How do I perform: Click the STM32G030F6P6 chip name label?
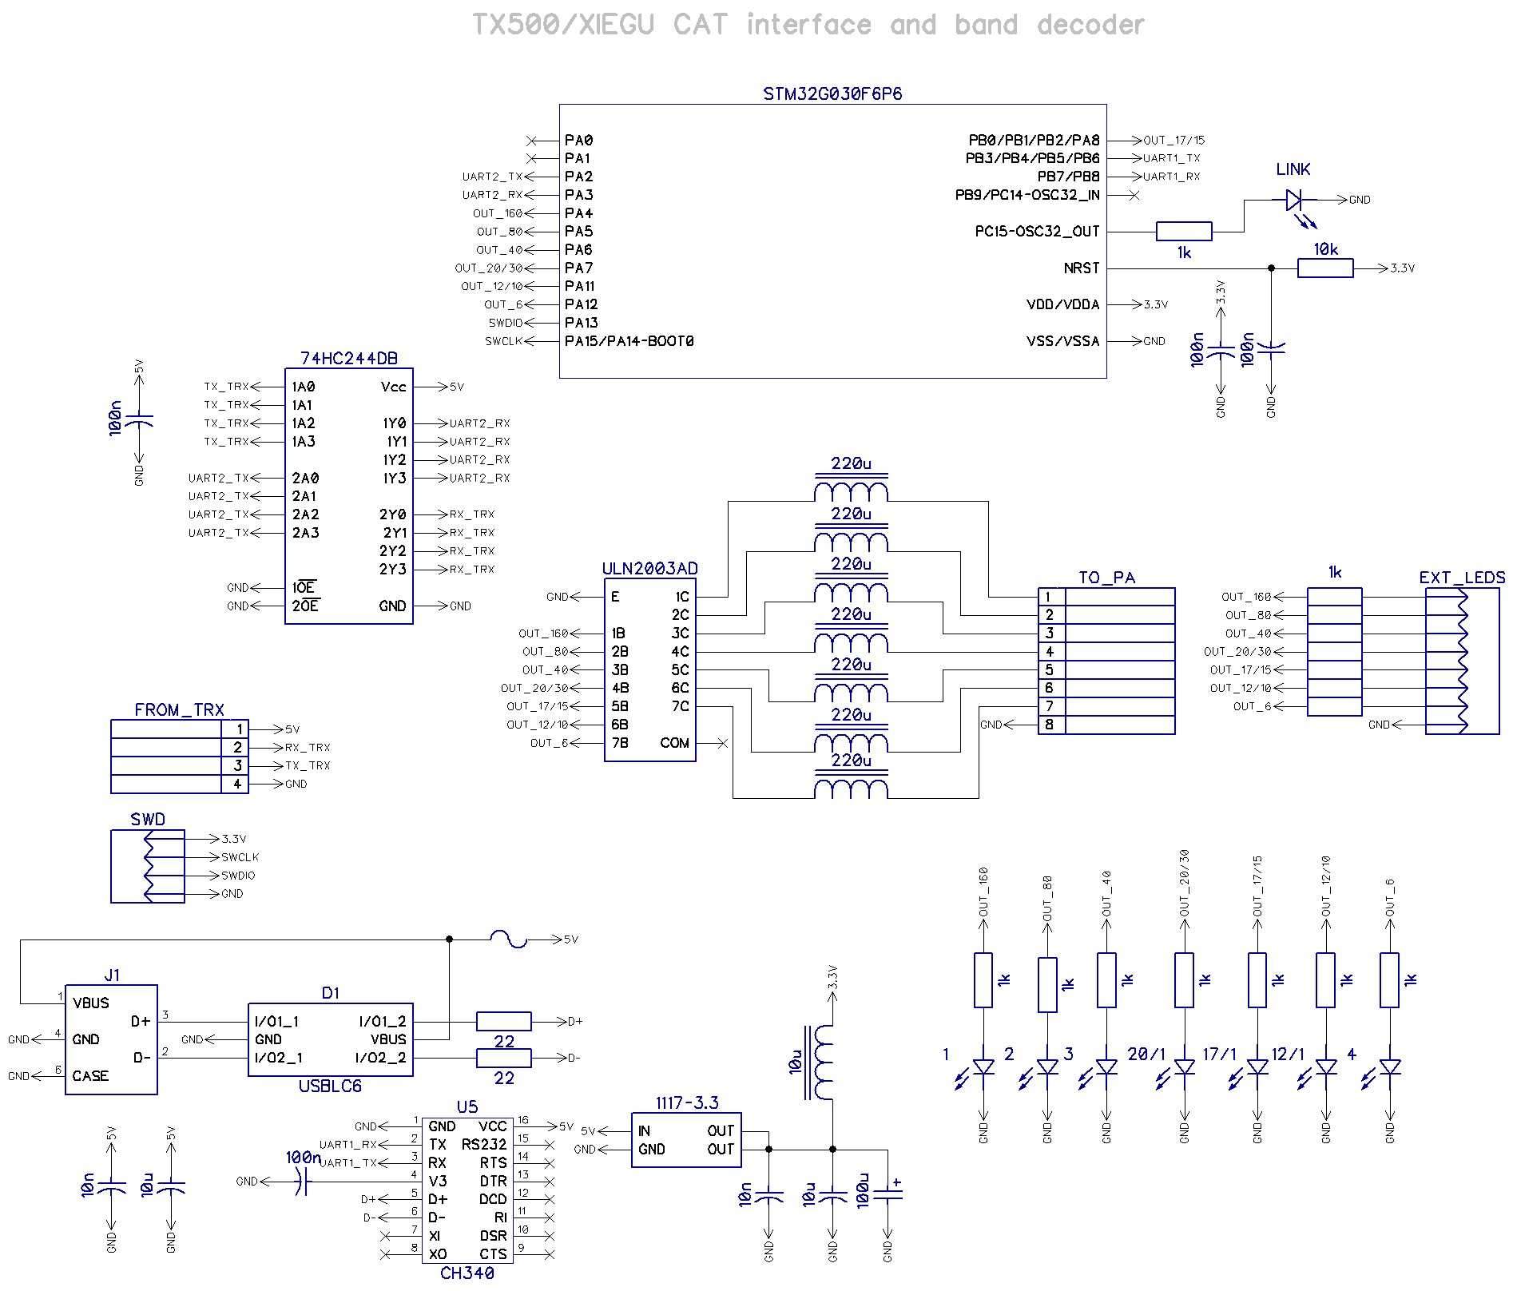tap(832, 93)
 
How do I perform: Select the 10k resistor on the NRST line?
tap(1325, 268)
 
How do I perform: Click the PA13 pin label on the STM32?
tap(581, 323)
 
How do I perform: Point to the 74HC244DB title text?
tap(349, 359)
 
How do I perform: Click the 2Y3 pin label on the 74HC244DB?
tap(393, 569)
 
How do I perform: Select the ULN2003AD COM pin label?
tap(674, 743)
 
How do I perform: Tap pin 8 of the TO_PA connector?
tap(1050, 725)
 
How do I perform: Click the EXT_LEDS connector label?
tap(1462, 578)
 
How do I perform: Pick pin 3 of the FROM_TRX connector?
tap(237, 765)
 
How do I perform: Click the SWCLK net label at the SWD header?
tap(240, 857)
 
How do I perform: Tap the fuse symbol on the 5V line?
tap(508, 939)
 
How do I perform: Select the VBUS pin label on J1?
tap(90, 1003)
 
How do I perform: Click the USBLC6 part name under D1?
tap(330, 1086)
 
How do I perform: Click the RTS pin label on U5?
tap(493, 1162)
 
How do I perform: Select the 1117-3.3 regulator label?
tap(687, 1103)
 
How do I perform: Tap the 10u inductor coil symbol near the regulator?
tap(823, 1063)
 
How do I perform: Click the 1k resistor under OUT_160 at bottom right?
tap(983, 979)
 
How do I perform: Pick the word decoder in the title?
tap(1090, 25)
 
